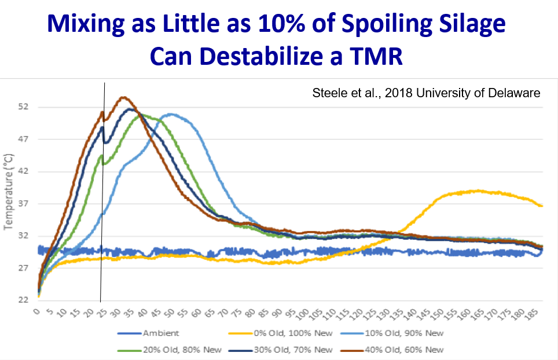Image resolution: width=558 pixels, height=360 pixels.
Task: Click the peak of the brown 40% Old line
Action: [123, 97]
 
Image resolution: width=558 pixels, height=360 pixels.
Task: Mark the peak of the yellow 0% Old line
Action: [476, 190]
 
